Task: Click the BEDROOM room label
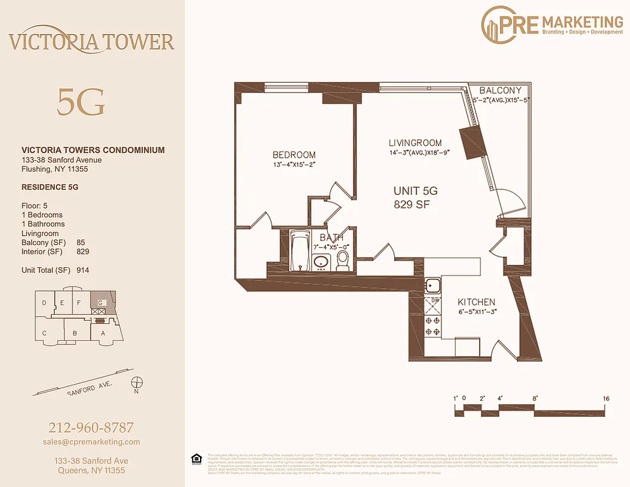[x=294, y=155]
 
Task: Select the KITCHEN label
[x=476, y=302]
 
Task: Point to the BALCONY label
[x=500, y=91]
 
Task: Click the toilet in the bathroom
[x=343, y=260]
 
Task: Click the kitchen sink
[x=432, y=285]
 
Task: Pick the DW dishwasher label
[x=435, y=300]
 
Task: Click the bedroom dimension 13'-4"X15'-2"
[x=294, y=164]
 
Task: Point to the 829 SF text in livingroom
[x=412, y=205]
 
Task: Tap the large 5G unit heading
[x=81, y=102]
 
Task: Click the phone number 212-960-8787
[x=91, y=427]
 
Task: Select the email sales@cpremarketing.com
[x=92, y=442]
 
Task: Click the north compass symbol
[x=137, y=382]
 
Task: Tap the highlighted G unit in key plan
[x=100, y=302]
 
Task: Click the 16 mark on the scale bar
[x=606, y=399]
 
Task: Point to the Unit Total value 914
[x=83, y=270]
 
